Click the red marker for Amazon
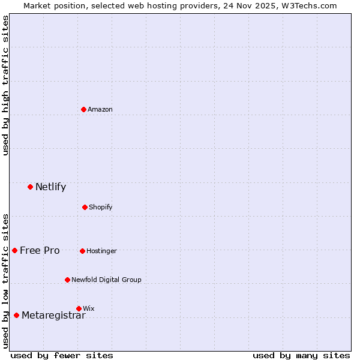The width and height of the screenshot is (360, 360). click(83, 109)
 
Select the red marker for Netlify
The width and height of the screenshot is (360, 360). click(30, 187)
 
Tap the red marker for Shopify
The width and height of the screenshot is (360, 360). click(85, 207)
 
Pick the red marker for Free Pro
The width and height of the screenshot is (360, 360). click(14, 250)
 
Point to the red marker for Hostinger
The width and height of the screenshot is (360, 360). click(82, 251)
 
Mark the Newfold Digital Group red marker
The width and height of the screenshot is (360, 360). click(67, 280)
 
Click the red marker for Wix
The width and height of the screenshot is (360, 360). click(79, 308)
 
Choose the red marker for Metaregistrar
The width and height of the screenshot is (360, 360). click(16, 316)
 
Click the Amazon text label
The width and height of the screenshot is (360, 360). click(100, 109)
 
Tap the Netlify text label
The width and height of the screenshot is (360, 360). click(50, 187)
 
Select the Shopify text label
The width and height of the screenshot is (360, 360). click(101, 207)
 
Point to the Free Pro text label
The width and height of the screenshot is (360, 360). click(40, 250)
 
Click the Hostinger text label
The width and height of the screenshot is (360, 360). click(101, 251)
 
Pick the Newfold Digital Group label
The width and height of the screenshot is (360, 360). click(106, 280)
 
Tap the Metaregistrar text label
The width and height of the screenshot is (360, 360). click(53, 316)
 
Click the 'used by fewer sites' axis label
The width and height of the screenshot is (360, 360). click(62, 355)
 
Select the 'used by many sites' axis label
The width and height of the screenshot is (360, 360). click(301, 355)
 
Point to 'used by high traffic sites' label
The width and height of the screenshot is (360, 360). click(5, 85)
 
